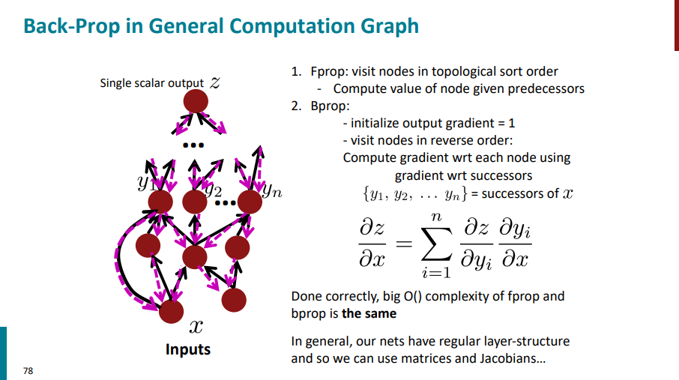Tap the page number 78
tap(28, 370)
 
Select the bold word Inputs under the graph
tap(188, 349)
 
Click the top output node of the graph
tap(196, 101)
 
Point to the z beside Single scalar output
tap(215, 83)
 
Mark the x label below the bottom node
tap(196, 327)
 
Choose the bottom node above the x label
tap(172, 310)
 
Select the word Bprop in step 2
tap(325, 106)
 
